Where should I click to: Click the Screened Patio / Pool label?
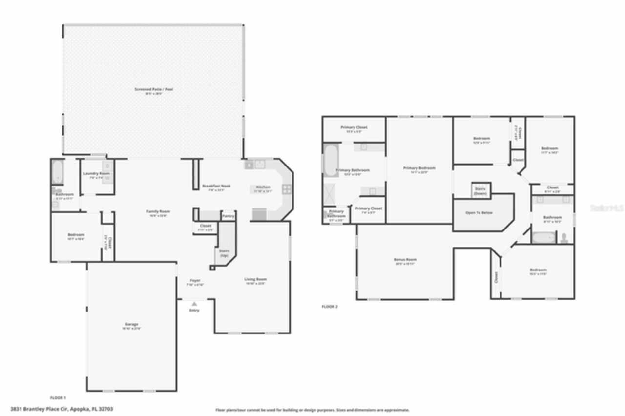click(154, 89)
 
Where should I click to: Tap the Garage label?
click(131, 324)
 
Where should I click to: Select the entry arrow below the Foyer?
click(194, 304)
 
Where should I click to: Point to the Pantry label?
click(228, 216)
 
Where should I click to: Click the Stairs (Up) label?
click(224, 253)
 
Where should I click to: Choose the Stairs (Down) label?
click(480, 191)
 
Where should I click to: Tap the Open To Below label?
click(479, 213)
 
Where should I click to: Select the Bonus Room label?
click(405, 260)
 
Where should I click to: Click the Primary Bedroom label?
click(419, 168)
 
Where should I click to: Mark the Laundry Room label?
click(96, 174)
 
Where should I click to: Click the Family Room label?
click(157, 211)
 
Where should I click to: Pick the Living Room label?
click(255, 279)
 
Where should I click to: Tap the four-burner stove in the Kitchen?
click(287, 189)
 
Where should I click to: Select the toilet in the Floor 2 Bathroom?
click(564, 238)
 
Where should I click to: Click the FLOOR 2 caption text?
click(330, 307)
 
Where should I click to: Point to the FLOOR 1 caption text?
click(58, 398)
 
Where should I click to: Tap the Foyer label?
click(195, 281)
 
